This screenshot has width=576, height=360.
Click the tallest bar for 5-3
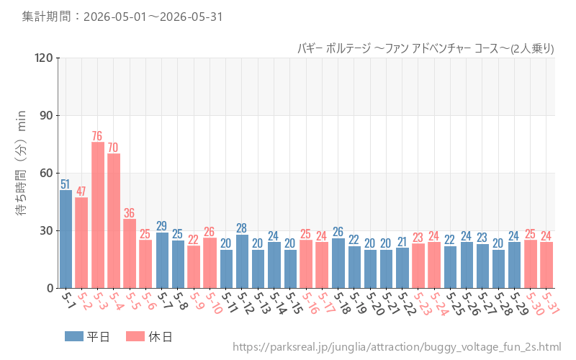(98, 215)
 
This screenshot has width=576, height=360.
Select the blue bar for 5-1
(66, 239)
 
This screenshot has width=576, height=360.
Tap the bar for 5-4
(114, 221)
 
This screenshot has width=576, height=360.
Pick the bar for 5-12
(242, 261)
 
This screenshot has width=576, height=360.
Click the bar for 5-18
(338, 263)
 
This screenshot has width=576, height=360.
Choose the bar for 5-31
(546, 265)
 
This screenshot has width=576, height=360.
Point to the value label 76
(97, 136)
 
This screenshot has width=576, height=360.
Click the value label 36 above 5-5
(129, 213)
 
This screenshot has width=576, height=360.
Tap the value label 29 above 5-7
(161, 225)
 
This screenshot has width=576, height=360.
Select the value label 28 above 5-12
(241, 228)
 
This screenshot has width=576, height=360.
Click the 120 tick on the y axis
(44, 58)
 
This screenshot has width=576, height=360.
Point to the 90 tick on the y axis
(46, 115)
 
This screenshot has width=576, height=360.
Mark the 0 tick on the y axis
(50, 289)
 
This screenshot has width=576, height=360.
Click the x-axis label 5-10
(214, 303)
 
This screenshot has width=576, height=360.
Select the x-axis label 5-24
(439, 303)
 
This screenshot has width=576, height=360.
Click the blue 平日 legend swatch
(74, 336)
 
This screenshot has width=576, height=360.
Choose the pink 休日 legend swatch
(135, 336)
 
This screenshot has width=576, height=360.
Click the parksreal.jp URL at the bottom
(397, 347)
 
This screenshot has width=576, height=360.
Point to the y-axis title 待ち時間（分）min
(21, 163)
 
